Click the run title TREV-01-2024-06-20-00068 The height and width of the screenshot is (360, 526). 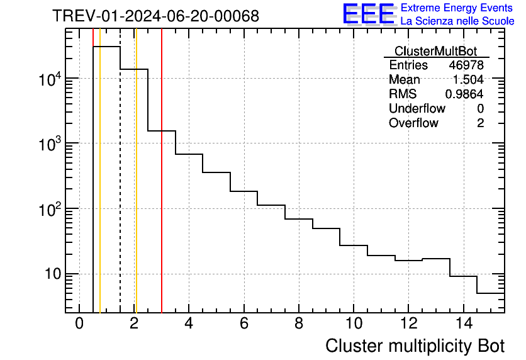point(155,16)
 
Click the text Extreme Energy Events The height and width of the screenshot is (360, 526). point(457,8)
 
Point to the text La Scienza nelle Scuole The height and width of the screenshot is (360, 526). point(457,21)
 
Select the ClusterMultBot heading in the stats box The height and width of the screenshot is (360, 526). point(435,51)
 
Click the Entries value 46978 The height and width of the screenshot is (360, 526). point(466,65)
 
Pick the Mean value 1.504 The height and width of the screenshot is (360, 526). point(469,80)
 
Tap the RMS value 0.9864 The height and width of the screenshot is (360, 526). point(464,94)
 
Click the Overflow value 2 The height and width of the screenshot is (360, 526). point(480,123)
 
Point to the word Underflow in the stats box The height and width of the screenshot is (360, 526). point(417,109)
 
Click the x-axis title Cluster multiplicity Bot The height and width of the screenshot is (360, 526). point(415,346)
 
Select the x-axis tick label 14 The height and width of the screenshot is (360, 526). point(463,323)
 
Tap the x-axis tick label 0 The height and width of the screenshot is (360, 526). point(79,323)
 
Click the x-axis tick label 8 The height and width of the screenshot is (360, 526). point(299,323)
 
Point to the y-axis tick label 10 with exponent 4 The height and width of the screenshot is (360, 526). point(49,79)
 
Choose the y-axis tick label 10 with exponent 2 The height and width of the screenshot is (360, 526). point(49,210)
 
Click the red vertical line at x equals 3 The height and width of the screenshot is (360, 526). point(162,189)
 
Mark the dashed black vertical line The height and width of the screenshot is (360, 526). point(120,189)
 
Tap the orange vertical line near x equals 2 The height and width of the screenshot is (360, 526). point(136,189)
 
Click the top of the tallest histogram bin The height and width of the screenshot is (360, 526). point(106,47)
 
